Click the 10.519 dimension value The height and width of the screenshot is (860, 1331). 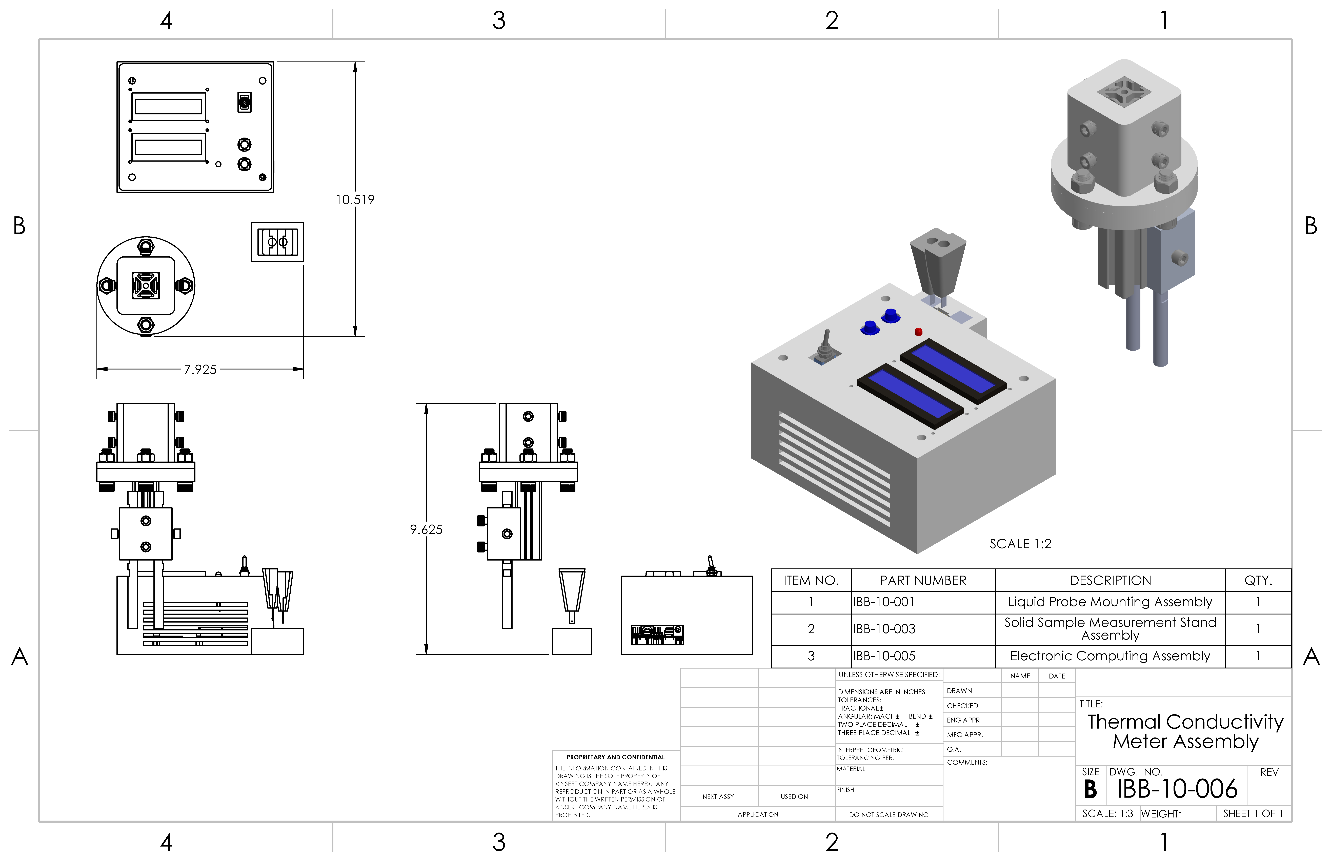tap(355, 199)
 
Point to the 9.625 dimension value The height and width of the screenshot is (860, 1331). tap(426, 529)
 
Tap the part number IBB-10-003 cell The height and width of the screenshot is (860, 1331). tap(923, 629)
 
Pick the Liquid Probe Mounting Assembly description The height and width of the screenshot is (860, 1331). tap(1110, 601)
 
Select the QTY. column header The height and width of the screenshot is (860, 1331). tap(1258, 580)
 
